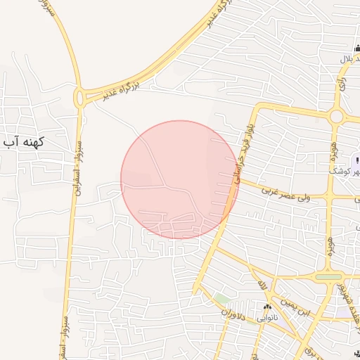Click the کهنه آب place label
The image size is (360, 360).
(x=24, y=141)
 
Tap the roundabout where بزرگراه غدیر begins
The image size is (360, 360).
(x=79, y=98)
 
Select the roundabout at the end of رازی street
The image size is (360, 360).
(x=337, y=115)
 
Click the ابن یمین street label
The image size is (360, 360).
(x=295, y=302)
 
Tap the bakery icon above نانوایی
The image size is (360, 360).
(x=267, y=307)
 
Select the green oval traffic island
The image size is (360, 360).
(x=327, y=277)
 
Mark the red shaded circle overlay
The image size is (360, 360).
(x=179, y=179)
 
